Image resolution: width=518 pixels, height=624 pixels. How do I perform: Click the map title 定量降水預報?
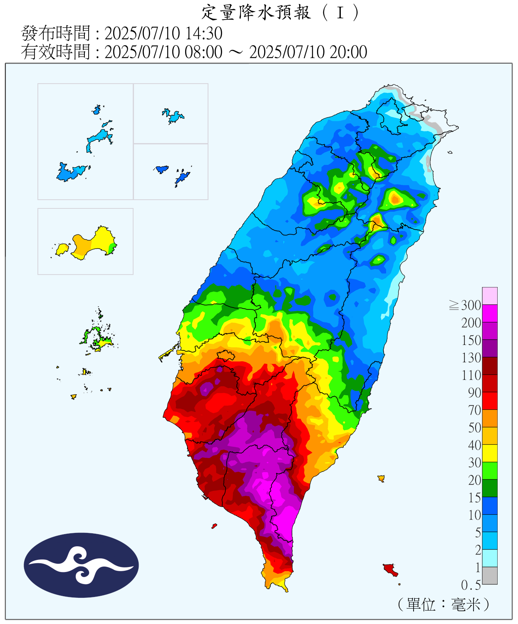point(256,13)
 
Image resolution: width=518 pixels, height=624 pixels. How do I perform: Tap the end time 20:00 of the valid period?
point(348,52)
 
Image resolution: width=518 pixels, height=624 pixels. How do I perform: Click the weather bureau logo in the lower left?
point(81,565)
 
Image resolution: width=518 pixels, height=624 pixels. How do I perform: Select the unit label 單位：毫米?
point(444,604)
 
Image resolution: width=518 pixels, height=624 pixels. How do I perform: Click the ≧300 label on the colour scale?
point(465,305)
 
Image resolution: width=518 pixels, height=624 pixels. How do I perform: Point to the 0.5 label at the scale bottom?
point(471,585)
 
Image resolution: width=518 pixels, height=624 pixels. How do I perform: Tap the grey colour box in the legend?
point(490,575)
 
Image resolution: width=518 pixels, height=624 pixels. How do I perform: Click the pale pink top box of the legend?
point(490,296)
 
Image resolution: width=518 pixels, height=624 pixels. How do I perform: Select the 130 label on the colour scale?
point(471,358)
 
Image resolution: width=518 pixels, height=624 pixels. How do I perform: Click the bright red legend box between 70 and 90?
point(490,401)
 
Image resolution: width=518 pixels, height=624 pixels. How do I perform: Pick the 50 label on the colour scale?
point(474,428)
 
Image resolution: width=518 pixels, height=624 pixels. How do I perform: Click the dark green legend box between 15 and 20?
point(490,488)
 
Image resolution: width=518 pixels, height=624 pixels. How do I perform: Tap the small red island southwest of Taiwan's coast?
point(214,526)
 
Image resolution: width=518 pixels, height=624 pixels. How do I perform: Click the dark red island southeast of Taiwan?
point(390,569)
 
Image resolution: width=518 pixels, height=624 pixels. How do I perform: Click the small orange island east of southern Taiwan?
point(381,478)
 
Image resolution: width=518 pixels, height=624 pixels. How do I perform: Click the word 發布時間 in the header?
point(55,33)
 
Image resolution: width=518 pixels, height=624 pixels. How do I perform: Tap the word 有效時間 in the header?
point(55,52)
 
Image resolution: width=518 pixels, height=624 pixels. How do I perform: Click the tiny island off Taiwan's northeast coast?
point(450,152)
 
